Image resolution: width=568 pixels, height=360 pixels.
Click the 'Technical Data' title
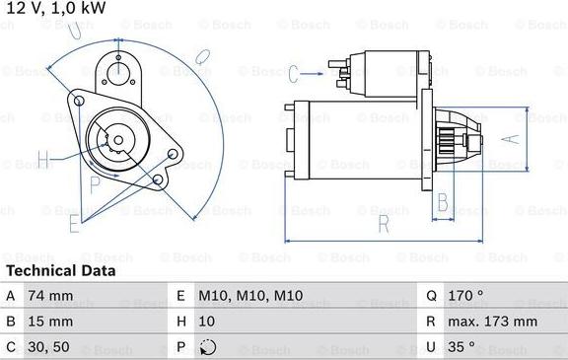point(60,270)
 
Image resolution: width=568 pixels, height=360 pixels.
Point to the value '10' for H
point(206,322)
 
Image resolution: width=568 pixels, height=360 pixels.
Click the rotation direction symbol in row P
point(207,346)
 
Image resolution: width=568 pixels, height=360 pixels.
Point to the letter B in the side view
point(443,203)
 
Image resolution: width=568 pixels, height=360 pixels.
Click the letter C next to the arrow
point(294,71)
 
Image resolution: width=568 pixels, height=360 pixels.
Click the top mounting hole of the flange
point(118,68)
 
